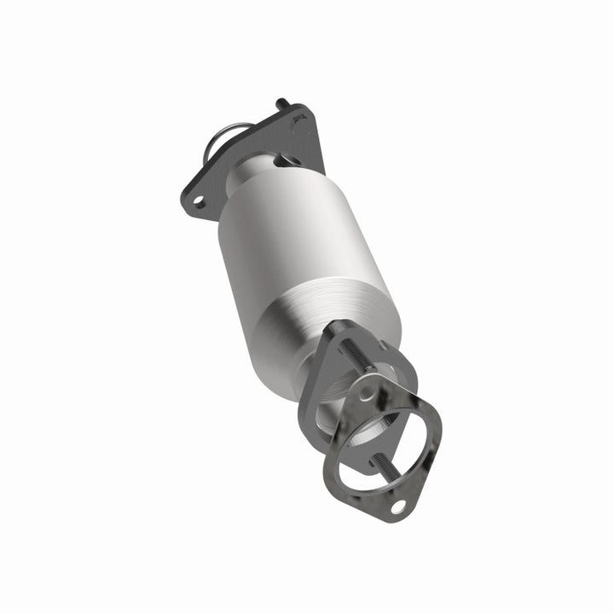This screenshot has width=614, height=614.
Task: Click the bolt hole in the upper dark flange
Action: (x=198, y=202)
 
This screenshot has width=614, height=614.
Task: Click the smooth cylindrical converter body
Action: (x=281, y=230)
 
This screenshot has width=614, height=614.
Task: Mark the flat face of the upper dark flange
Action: (x=226, y=179)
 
